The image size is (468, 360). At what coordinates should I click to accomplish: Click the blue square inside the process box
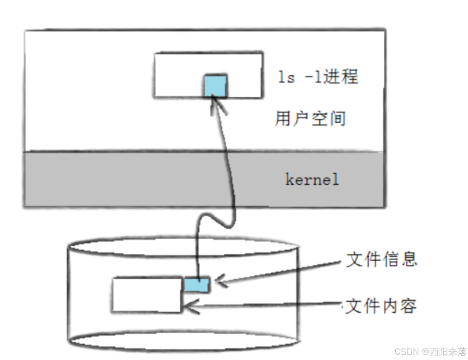[x=215, y=86]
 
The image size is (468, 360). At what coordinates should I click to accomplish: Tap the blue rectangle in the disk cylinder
[x=197, y=284]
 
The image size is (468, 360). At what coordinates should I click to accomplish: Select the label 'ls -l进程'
[x=318, y=77]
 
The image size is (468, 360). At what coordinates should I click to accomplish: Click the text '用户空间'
[x=310, y=119]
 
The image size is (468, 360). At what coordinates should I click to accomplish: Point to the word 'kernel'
[x=312, y=180]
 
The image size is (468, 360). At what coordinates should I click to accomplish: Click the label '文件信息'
[x=381, y=260]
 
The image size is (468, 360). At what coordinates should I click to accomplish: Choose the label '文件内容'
[x=381, y=306]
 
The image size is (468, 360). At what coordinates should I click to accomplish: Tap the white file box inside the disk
[x=146, y=295]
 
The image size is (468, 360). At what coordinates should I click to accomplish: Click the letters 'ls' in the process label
[x=286, y=78]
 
